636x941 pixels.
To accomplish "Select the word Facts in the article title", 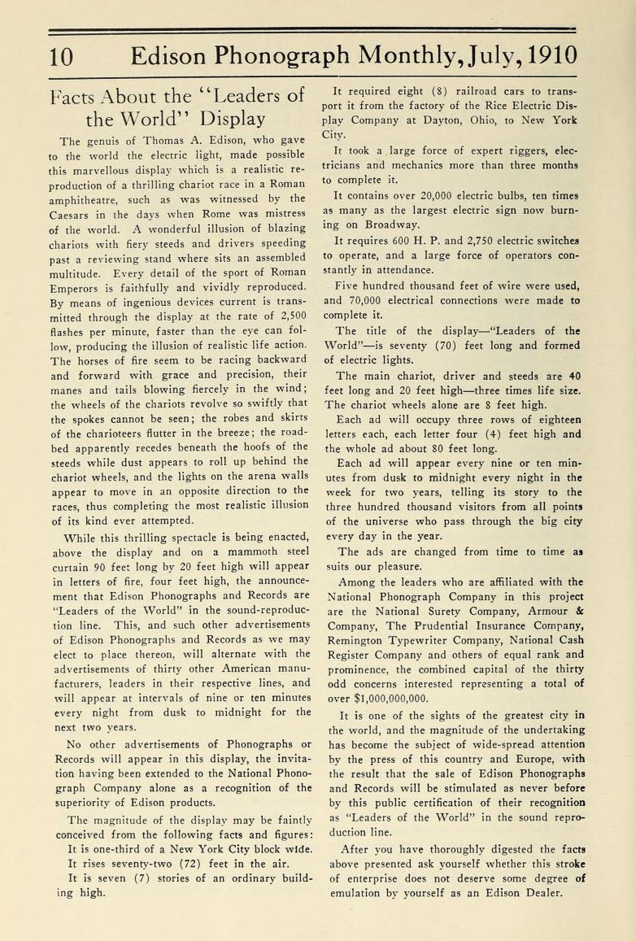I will coord(76,97).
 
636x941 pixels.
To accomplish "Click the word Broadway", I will coord(391,225).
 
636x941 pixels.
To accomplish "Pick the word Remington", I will coord(358,640).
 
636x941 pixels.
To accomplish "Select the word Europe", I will coord(535,759).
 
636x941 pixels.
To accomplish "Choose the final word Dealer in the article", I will coord(543,892).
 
